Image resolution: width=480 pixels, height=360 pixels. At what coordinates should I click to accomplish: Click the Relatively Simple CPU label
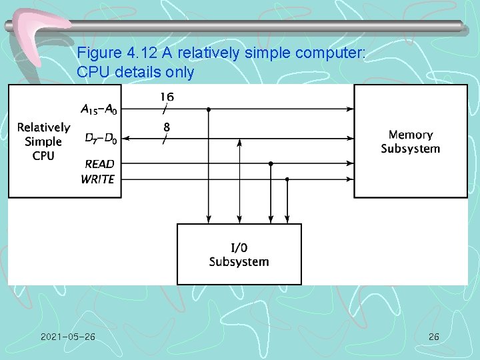(43, 141)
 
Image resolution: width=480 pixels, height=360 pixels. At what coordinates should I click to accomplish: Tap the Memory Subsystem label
(410, 142)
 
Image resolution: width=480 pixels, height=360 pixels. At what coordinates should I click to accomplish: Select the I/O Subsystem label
(239, 255)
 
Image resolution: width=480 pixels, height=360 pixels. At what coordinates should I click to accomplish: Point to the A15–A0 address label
(97, 109)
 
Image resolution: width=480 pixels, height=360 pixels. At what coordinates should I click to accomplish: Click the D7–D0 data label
(99, 139)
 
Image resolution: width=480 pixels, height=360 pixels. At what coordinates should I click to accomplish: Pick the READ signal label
(99, 164)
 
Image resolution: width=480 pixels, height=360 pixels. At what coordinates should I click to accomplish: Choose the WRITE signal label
(98, 179)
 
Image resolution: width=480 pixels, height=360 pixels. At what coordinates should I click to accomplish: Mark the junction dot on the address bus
(209, 109)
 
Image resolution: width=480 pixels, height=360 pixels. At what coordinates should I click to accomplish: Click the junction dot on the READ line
(271, 163)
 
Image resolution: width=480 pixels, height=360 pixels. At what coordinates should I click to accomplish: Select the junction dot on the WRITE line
(287, 179)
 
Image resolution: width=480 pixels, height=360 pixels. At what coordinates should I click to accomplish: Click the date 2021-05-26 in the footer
(67, 337)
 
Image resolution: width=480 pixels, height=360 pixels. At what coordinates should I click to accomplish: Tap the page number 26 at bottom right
(433, 337)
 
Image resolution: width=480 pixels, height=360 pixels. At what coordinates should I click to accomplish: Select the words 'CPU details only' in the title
(135, 72)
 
